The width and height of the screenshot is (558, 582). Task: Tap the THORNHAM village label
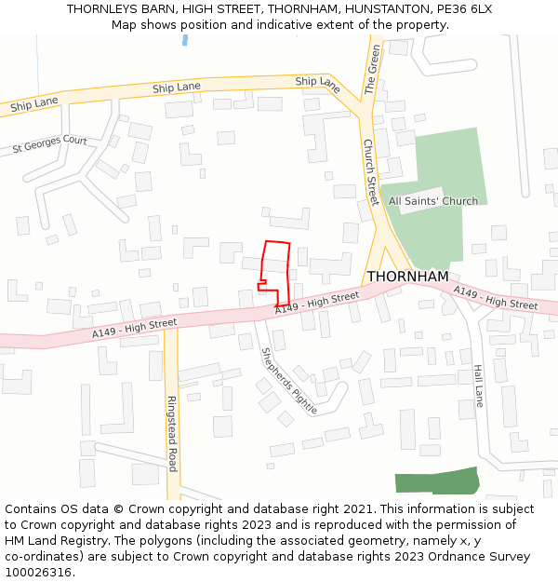[x=407, y=277]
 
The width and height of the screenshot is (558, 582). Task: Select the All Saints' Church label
[x=433, y=201]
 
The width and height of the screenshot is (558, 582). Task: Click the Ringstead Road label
[x=171, y=433]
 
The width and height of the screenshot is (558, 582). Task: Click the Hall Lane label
[x=478, y=385]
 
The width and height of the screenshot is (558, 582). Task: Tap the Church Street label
[x=369, y=172]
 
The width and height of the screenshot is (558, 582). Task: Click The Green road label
[x=373, y=70]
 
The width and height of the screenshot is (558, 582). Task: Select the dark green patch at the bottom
[x=436, y=482]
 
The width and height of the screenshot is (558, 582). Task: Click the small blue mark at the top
[x=185, y=40]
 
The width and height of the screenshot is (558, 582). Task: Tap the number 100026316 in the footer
[x=39, y=573]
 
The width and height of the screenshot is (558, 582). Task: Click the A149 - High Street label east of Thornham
[x=496, y=299]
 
